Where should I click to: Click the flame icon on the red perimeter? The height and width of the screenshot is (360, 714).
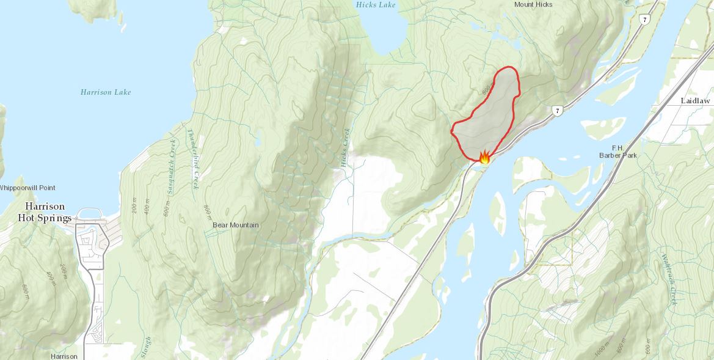[x=484, y=157]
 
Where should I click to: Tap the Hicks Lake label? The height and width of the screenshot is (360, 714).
[x=376, y=5]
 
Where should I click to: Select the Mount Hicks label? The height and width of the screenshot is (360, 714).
[x=533, y=5]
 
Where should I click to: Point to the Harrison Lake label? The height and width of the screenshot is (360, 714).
[x=106, y=92]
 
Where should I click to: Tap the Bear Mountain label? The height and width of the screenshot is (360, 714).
[x=235, y=225]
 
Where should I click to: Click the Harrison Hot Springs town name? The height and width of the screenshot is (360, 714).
[x=48, y=212]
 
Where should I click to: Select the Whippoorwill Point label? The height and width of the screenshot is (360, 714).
[x=27, y=188]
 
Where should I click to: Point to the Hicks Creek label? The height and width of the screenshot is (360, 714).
[x=346, y=147]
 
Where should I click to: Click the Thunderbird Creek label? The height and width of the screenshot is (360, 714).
[x=194, y=159]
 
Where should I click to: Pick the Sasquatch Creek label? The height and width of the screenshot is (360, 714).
[x=172, y=166]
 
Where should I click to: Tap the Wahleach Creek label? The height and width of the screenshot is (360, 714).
[x=669, y=279]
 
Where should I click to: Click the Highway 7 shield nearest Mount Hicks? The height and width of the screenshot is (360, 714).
[x=644, y=20]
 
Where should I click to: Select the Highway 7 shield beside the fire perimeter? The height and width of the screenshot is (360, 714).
[x=556, y=111]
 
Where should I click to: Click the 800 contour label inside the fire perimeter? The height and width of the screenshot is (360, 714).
[x=487, y=89]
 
